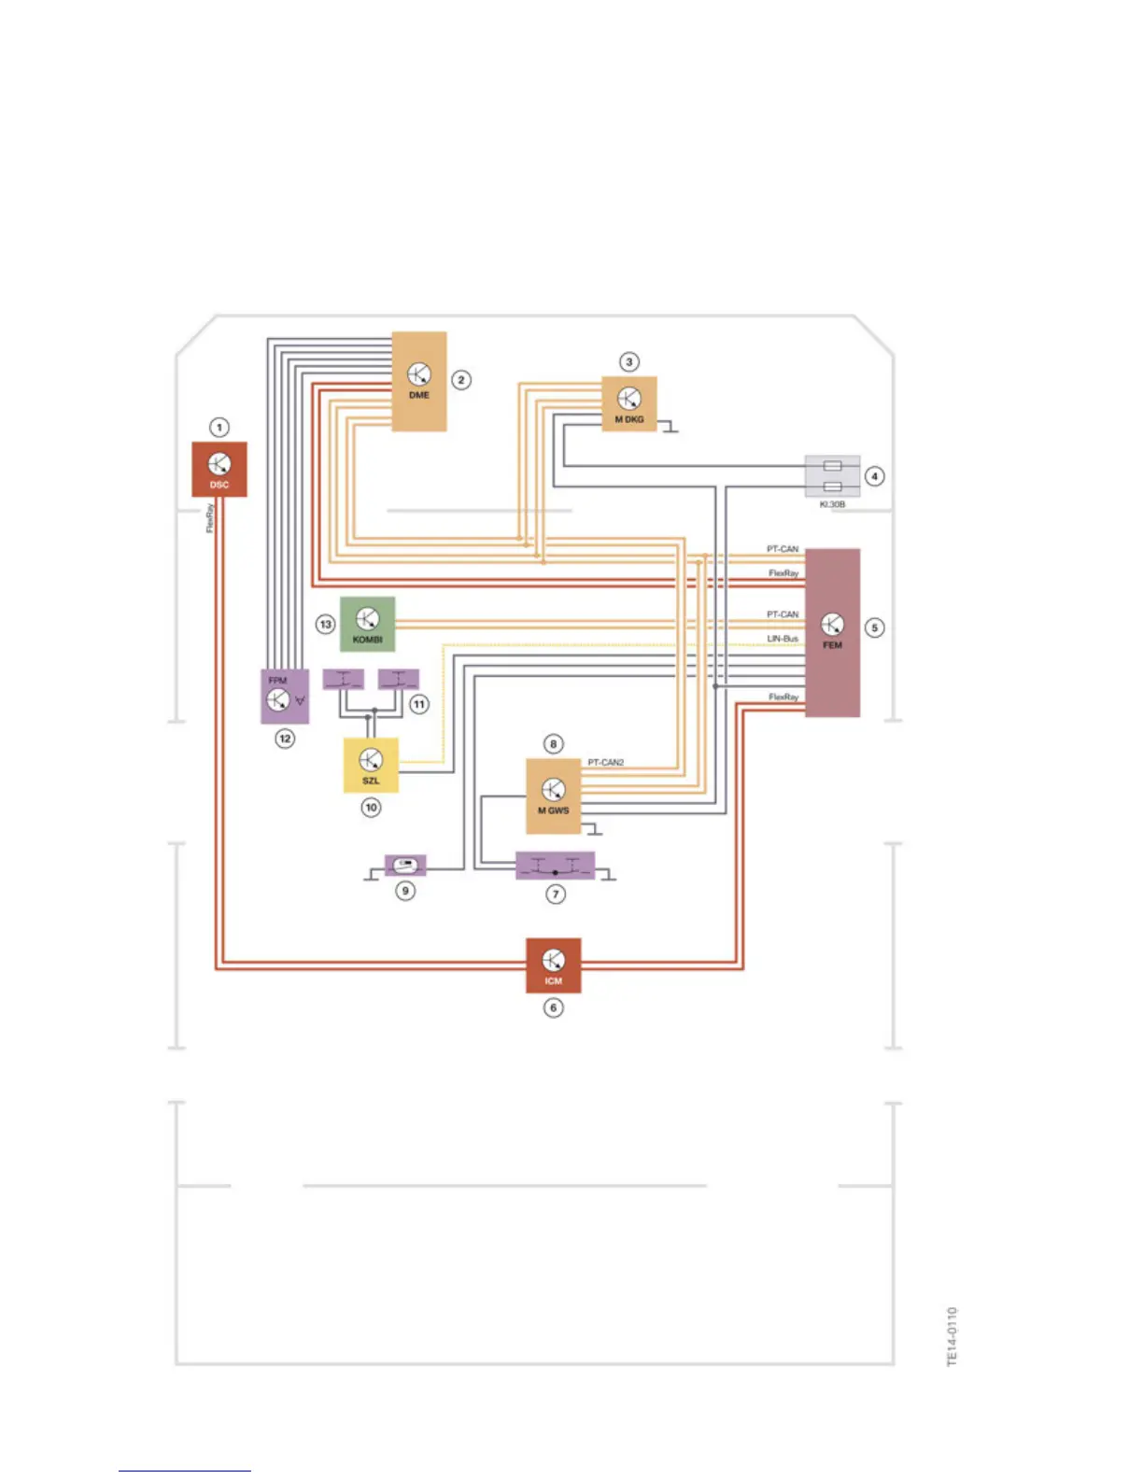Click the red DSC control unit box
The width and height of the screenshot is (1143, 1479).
click(x=219, y=469)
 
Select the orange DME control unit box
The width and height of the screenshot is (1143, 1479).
click(x=419, y=381)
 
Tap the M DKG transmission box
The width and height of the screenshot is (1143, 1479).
click(x=628, y=404)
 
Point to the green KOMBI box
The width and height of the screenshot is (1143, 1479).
click(x=367, y=624)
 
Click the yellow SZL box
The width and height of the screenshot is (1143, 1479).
click(x=371, y=765)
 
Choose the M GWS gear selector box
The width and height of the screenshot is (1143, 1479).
click(x=553, y=796)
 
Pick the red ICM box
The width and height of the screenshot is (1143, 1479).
click(x=554, y=965)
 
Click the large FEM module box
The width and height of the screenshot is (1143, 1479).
click(x=832, y=632)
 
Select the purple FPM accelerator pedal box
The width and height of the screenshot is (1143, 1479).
click(x=284, y=696)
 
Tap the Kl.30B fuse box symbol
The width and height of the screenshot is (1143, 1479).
click(x=833, y=476)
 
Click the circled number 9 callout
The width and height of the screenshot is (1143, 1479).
click(x=405, y=891)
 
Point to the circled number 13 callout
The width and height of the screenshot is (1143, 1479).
click(x=325, y=624)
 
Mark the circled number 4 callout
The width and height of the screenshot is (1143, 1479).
click(x=875, y=476)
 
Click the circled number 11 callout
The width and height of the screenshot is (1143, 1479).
click(x=419, y=704)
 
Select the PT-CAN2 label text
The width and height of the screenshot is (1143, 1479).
click(x=606, y=763)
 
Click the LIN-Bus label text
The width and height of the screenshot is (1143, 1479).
click(x=783, y=639)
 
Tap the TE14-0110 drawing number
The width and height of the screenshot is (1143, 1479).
click(x=952, y=1336)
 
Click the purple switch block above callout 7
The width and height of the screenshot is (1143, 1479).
click(x=556, y=866)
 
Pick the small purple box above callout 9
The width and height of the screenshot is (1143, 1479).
click(x=405, y=865)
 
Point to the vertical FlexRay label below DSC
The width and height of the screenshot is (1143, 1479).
click(x=210, y=518)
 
